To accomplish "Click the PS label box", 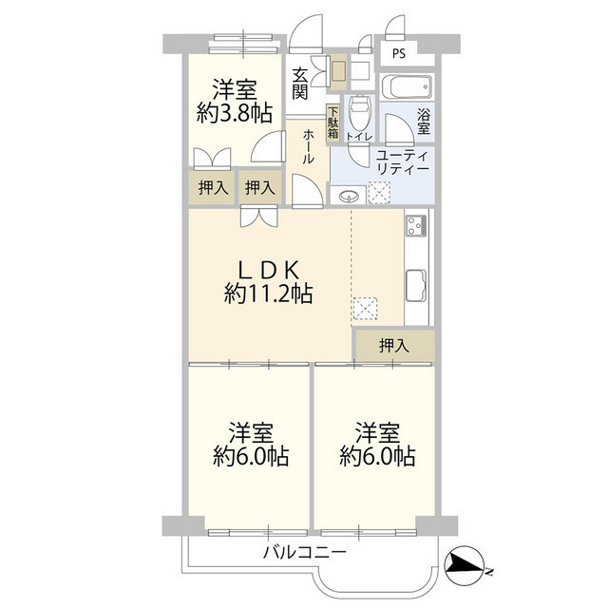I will (x=398, y=53).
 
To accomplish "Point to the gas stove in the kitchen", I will (x=417, y=227).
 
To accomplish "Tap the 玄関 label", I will (x=300, y=83).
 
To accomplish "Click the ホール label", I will (x=309, y=147).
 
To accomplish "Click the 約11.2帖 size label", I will (x=269, y=294).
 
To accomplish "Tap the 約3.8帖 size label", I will (x=235, y=113).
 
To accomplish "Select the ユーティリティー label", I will (x=402, y=161).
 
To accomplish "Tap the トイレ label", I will (x=358, y=139).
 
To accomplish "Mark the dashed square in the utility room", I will (x=379, y=193).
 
